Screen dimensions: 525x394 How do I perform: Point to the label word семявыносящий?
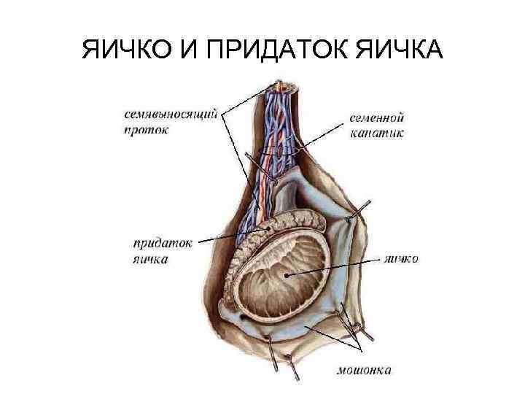171,116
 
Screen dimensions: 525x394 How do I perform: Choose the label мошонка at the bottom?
363,370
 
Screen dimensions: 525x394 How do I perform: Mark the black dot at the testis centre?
288,275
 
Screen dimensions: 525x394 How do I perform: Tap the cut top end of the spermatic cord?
286,86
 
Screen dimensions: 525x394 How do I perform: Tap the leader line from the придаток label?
233,236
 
